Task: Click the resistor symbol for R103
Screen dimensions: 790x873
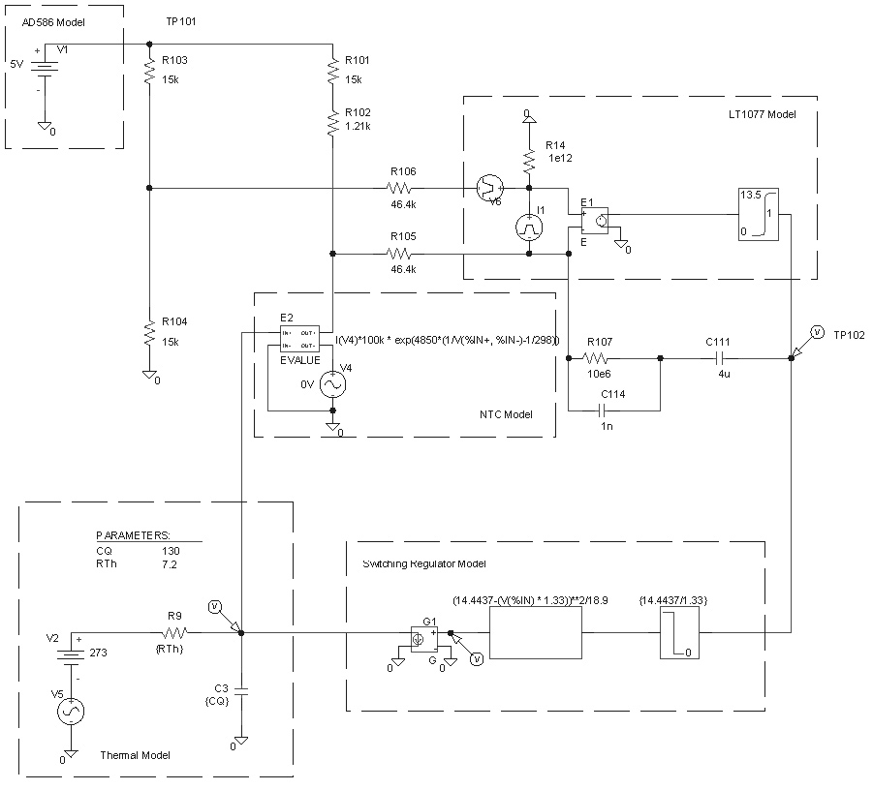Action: coord(149,70)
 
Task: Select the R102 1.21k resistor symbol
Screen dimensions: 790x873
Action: coord(332,122)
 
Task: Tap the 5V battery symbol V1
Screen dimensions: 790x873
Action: coord(45,68)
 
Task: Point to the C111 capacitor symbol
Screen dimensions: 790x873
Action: coord(725,358)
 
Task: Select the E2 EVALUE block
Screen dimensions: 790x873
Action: coord(299,339)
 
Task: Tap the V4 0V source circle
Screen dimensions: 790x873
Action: coord(332,384)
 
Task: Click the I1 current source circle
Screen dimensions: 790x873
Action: coord(529,227)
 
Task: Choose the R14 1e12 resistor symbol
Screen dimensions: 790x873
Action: coord(529,158)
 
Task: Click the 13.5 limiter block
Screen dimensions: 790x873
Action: coord(759,213)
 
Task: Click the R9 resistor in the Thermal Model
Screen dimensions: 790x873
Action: coord(174,633)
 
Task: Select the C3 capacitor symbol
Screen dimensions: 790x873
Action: coord(241,691)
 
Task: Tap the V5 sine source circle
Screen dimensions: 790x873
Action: coord(70,711)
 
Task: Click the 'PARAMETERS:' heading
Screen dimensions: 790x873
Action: coord(133,534)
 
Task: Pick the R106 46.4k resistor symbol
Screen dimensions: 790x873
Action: coord(400,187)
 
